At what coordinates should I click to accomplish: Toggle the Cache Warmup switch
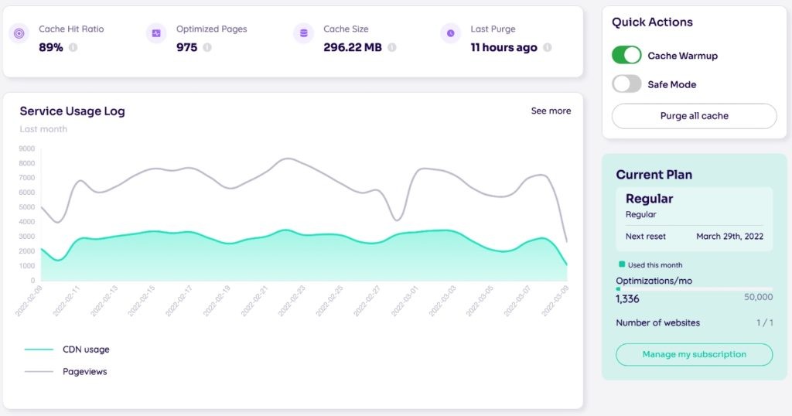point(626,55)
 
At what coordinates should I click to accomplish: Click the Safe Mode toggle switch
point(626,84)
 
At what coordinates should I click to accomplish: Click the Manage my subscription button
point(694,354)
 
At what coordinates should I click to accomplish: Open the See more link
point(551,111)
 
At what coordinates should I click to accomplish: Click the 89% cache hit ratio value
point(51,47)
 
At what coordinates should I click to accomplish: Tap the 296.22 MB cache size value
point(352,47)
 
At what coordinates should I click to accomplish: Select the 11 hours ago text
point(504,47)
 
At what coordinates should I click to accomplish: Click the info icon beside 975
point(207,47)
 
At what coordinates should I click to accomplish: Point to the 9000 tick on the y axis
point(27,148)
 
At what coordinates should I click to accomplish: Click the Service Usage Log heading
point(72,111)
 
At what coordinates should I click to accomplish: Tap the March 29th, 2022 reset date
point(729,236)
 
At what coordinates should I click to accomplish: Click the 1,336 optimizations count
point(627,298)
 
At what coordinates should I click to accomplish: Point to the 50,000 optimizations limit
point(758,297)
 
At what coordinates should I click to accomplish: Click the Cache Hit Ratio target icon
point(19,33)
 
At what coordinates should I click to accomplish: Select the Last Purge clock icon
point(450,33)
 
